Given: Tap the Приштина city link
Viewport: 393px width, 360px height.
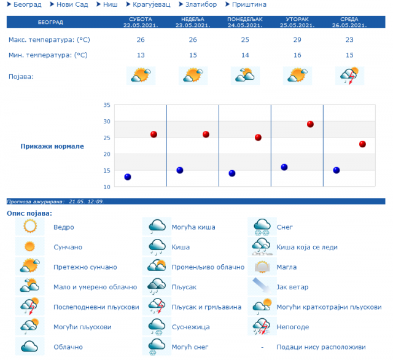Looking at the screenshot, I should pyautogui.click(x=249, y=5).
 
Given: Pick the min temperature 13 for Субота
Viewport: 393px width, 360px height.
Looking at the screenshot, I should pyautogui.click(x=141, y=55).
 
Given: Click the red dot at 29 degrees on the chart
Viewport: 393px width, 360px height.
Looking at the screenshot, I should pyautogui.click(x=310, y=124).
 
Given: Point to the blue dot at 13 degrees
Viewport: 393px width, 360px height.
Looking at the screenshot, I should pyautogui.click(x=128, y=177).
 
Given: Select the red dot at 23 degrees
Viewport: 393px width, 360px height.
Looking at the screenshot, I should pyautogui.click(x=362, y=144).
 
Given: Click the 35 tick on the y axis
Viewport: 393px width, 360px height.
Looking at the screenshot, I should pyautogui.click(x=106, y=105).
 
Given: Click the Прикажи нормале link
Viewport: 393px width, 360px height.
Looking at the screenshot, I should pyautogui.click(x=52, y=146).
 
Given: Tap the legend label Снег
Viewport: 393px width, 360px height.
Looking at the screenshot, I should pyautogui.click(x=285, y=227).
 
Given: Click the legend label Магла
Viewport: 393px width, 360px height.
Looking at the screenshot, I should pyautogui.click(x=287, y=267).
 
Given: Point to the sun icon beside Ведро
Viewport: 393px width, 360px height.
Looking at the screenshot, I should pyautogui.click(x=30, y=227).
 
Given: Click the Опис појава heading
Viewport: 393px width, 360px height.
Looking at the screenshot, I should pyautogui.click(x=29, y=213).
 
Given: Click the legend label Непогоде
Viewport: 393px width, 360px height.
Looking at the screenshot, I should pyautogui.click(x=292, y=327).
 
